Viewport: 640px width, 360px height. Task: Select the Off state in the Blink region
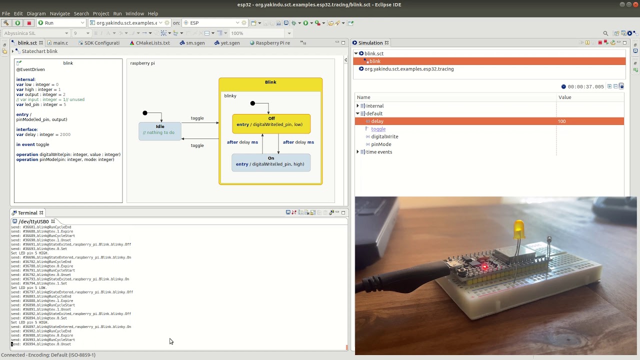(x=271, y=123)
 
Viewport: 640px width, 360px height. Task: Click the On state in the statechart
(x=271, y=162)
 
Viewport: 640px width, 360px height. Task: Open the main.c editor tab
(x=60, y=43)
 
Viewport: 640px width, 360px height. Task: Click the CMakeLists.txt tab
(x=152, y=43)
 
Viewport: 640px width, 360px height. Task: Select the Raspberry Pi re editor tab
(x=272, y=43)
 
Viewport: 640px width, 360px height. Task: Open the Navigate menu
(x=59, y=13)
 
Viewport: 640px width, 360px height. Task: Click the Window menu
(x=134, y=13)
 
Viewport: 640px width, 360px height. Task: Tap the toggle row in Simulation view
(x=378, y=129)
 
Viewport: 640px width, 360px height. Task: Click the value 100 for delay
(x=562, y=121)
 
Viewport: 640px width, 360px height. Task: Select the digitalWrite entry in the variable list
(x=384, y=136)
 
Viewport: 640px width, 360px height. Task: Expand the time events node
(x=358, y=152)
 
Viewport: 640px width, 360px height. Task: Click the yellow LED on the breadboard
(x=518, y=230)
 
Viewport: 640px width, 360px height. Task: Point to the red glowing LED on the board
(x=484, y=266)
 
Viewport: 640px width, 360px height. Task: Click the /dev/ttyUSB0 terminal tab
(x=33, y=221)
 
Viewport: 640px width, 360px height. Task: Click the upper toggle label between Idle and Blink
(x=197, y=118)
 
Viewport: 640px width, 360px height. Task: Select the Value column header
(x=565, y=97)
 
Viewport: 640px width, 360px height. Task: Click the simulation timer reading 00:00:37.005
(x=585, y=87)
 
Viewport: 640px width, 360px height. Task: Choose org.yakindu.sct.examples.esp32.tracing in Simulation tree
(x=409, y=69)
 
